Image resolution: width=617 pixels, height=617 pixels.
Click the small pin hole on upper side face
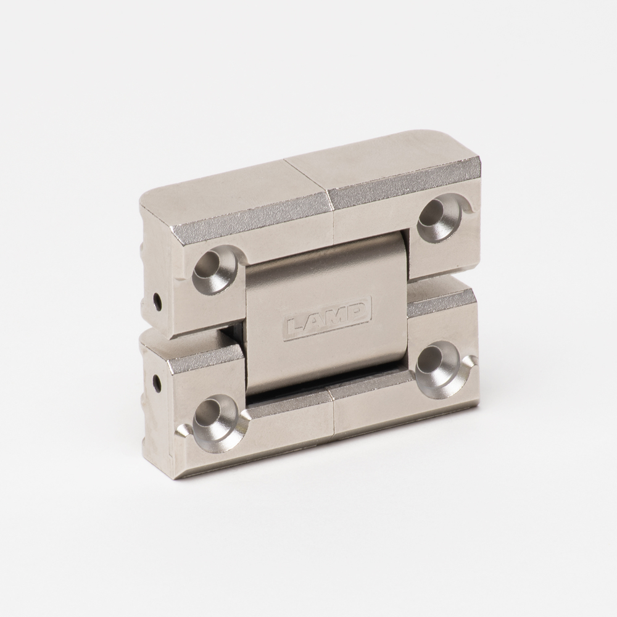tap(158, 302)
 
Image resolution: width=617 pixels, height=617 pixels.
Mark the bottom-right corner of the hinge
tap(476, 404)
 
